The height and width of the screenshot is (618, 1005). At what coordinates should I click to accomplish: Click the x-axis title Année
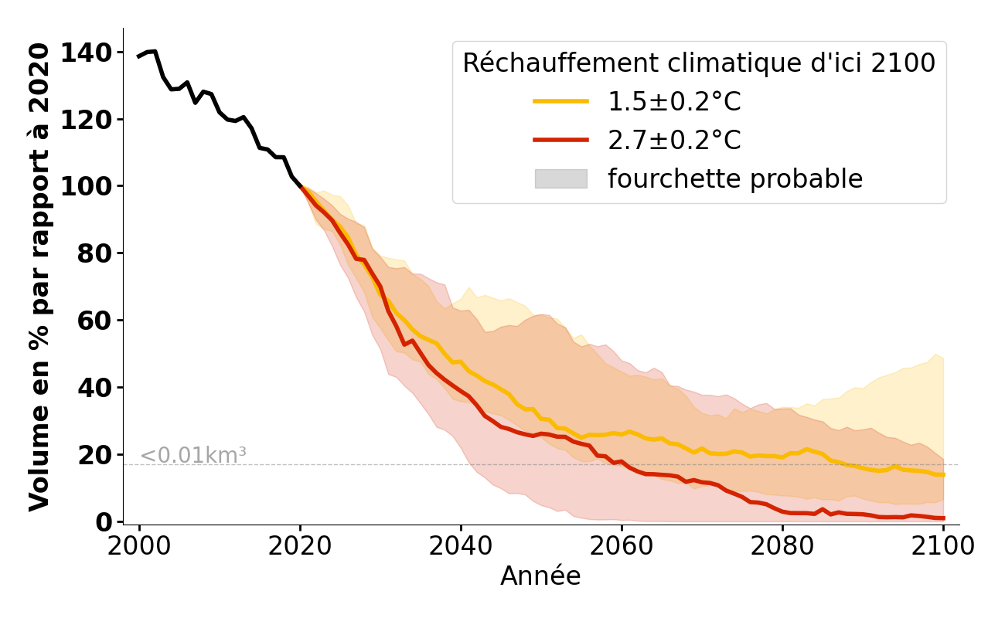point(540,576)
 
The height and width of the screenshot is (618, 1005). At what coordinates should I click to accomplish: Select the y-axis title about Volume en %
point(40,277)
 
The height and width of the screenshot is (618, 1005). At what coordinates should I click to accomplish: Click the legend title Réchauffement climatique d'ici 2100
point(699,63)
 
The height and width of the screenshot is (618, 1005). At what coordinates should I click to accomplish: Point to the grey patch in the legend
point(560,179)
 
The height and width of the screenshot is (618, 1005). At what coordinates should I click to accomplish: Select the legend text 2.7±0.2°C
point(674,141)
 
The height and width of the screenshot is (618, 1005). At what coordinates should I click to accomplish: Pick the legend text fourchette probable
point(734,179)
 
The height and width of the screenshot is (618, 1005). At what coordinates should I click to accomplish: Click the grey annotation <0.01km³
point(193,456)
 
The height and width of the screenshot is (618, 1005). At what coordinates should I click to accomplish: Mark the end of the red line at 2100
point(942,518)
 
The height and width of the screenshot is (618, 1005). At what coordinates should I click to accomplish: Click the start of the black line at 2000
point(139,56)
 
